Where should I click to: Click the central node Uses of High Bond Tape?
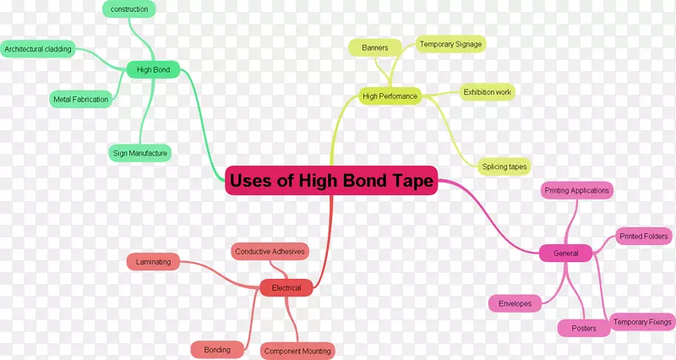(331, 180)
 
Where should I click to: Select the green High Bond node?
(153, 70)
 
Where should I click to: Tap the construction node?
(129, 9)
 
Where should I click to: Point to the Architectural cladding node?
(38, 49)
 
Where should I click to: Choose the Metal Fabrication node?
(80, 99)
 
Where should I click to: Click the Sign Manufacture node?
(139, 153)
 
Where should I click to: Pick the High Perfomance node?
(390, 96)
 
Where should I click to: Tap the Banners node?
(375, 48)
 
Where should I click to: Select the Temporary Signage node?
(450, 44)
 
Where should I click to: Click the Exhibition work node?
(488, 92)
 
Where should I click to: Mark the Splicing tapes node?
(504, 166)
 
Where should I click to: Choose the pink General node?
(565, 253)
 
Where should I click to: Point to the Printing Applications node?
(577, 190)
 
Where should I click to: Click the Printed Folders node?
(644, 237)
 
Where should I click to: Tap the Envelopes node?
(515, 303)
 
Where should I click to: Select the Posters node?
(584, 328)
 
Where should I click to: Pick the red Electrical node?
(286, 287)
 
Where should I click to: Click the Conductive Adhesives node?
(270, 251)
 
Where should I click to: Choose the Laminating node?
(153, 262)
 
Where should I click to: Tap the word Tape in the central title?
(412, 181)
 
